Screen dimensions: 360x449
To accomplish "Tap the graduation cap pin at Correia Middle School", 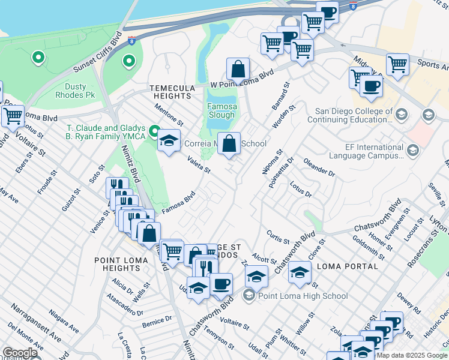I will click(x=169, y=141).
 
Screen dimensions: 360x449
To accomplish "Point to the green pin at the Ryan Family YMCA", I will click(x=154, y=131).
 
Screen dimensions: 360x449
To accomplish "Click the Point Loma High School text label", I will click(x=303, y=296).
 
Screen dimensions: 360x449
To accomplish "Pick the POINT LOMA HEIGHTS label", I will click(x=118, y=264).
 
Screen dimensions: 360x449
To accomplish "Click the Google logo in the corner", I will click(x=19, y=353).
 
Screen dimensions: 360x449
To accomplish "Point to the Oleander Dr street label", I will click(x=319, y=167).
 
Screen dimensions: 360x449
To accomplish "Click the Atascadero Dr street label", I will click(x=123, y=304).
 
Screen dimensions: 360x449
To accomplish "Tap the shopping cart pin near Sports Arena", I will click(x=397, y=64).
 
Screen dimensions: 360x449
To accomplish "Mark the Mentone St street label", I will click(x=169, y=111).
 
